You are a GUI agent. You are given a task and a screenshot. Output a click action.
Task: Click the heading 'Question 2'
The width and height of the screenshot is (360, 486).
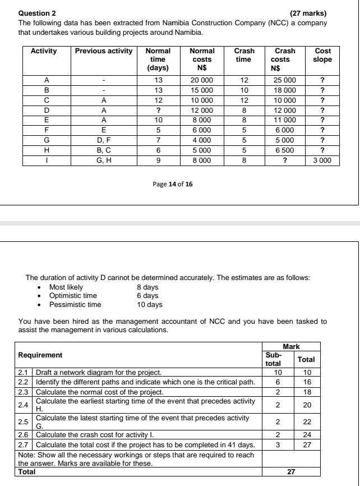(38, 13)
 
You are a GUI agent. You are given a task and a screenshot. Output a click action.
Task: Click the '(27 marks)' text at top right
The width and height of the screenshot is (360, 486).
(308, 13)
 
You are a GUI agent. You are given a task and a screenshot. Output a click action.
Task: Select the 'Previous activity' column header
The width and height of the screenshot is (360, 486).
(104, 51)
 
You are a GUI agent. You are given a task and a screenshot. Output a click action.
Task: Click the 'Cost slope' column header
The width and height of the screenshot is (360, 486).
(322, 55)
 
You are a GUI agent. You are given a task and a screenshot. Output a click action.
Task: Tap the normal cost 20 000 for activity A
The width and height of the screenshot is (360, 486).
(201, 80)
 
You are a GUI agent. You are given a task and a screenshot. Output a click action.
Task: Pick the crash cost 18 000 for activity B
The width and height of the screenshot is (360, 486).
(285, 90)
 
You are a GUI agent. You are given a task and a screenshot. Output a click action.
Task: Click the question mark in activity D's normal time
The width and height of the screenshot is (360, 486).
(158, 110)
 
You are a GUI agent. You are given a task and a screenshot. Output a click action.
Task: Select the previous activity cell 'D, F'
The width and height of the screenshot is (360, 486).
(104, 140)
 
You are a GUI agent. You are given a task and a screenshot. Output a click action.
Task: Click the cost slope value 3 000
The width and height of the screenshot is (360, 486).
(322, 160)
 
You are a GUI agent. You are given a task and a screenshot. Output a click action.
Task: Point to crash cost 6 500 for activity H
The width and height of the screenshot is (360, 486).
(285, 150)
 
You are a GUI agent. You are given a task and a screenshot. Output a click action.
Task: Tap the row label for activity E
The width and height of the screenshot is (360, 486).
(47, 120)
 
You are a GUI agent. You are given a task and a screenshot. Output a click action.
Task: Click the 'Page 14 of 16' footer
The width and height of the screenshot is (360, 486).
(173, 184)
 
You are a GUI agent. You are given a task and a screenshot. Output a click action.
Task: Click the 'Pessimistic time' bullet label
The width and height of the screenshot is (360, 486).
(75, 305)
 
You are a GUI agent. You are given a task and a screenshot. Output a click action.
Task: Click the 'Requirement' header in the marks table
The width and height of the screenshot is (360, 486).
(40, 355)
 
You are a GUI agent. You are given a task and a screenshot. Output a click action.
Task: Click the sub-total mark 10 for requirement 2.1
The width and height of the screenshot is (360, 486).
(277, 372)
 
